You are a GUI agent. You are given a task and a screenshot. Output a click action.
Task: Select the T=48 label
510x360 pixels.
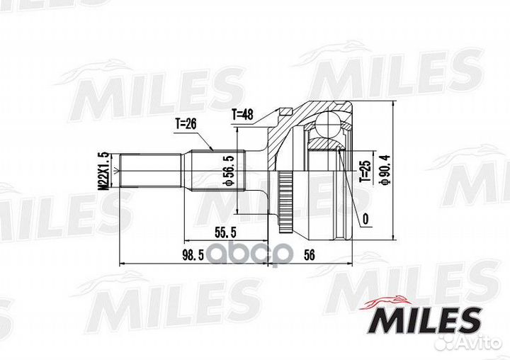point(242,113)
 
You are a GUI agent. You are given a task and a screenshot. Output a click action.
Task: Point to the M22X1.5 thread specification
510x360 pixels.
point(103,170)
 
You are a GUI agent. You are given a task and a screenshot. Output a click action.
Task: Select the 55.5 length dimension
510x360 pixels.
point(227,231)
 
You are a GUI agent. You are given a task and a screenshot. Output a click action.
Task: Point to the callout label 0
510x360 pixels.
point(364,220)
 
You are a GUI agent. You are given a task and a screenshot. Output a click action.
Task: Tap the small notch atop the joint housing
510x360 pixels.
point(285,111)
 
